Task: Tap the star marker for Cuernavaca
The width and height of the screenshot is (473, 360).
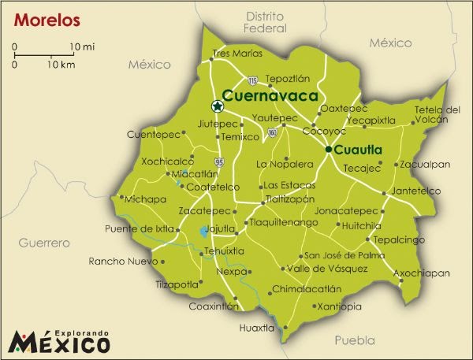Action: click(x=217, y=106)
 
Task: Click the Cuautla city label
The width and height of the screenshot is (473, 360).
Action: click(x=358, y=149)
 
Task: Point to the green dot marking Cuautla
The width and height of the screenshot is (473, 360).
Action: click(x=328, y=148)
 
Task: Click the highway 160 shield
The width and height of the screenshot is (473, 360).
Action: click(x=272, y=133)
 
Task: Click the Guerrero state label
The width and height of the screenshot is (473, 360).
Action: click(x=45, y=243)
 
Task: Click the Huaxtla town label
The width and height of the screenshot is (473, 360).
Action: click(x=257, y=327)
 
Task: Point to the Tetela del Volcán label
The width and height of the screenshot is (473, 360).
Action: click(x=437, y=115)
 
